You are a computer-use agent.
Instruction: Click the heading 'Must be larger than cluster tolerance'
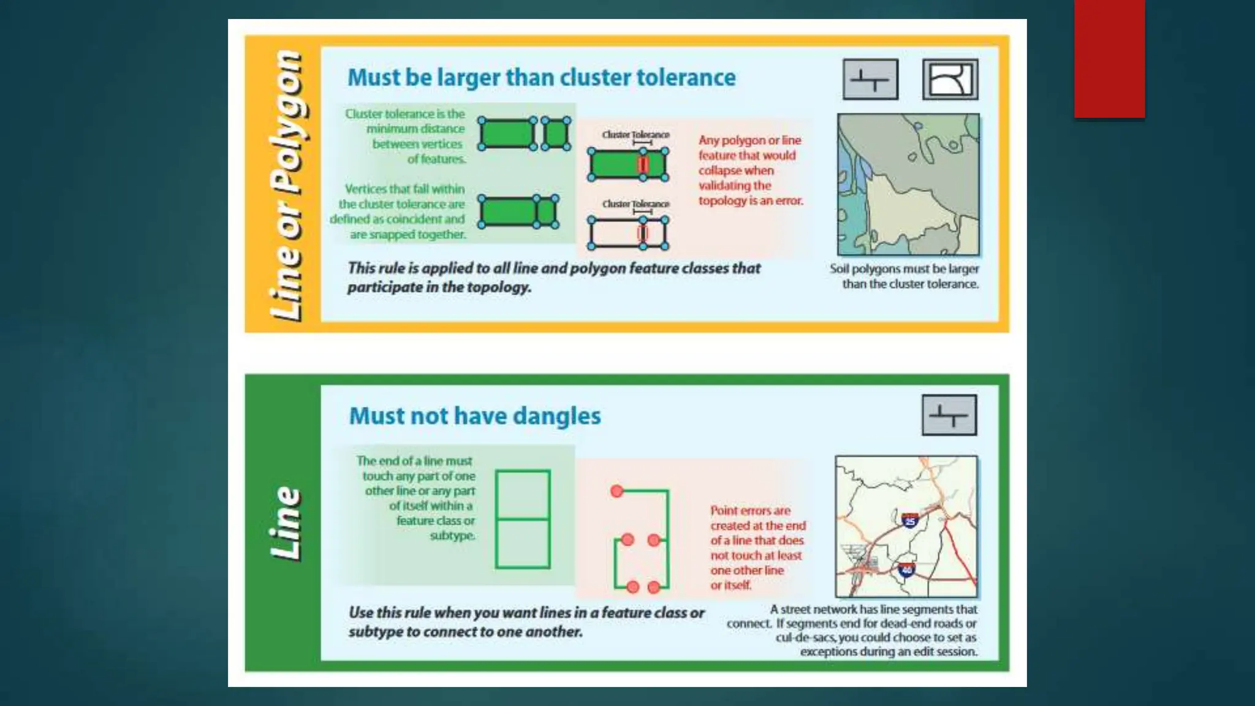coord(542,78)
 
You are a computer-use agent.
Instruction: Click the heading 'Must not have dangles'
coord(475,416)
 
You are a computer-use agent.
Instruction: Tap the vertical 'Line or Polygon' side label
coord(287,186)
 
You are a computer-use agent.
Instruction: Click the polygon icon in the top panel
coord(950,79)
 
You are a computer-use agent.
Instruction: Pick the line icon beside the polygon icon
coord(870,79)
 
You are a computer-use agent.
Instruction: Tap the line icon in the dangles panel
coord(949,415)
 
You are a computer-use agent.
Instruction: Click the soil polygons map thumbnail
coord(908,184)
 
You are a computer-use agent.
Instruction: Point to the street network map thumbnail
coord(906,526)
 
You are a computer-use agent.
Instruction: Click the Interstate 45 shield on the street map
coord(910,520)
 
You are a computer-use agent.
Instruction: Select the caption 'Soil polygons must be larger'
coord(904,269)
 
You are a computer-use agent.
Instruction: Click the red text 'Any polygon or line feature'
coord(749,148)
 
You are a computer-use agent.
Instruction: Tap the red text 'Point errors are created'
coord(758,518)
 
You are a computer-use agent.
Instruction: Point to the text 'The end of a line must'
coord(414,461)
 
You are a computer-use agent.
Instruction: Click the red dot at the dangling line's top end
coord(617,491)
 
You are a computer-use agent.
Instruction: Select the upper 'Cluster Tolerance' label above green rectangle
coord(635,134)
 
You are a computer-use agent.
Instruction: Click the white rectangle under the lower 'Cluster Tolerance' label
coord(628,233)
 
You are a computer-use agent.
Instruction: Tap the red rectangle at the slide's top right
coord(1109,59)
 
